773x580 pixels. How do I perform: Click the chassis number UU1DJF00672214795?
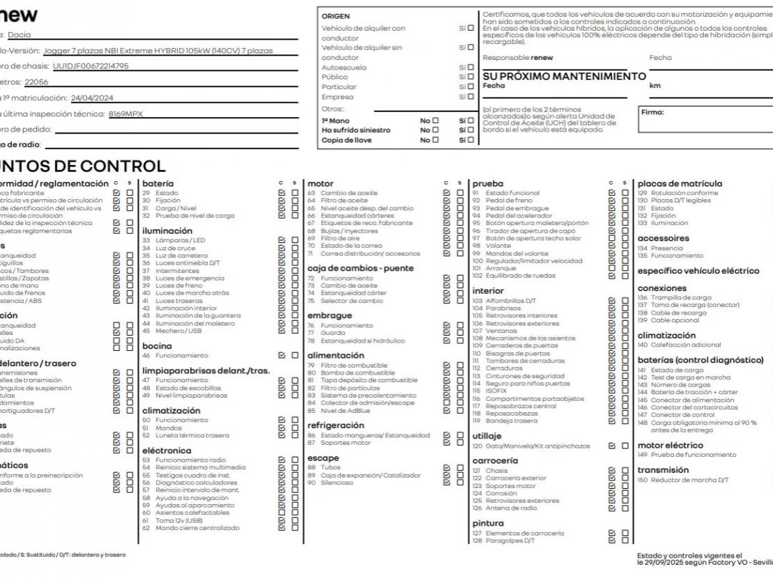tap(91, 66)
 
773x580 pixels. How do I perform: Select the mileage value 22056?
tap(36, 81)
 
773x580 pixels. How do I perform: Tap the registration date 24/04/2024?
tap(92, 97)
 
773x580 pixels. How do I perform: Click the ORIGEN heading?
tap(336, 16)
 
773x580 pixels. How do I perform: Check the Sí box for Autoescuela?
tap(471, 68)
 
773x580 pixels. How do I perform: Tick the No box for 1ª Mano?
tap(435, 120)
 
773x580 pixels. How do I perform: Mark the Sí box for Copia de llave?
tap(471, 140)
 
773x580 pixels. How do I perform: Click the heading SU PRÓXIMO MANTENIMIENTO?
tap(564, 76)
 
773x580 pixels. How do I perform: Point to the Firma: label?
tap(653, 112)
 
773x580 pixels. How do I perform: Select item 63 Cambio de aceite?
tap(348, 193)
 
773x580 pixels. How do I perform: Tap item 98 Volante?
tap(497, 246)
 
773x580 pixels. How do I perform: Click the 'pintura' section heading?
tap(487, 523)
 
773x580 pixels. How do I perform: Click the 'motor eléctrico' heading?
tap(670, 446)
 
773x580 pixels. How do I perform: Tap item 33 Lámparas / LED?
tap(180, 240)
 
